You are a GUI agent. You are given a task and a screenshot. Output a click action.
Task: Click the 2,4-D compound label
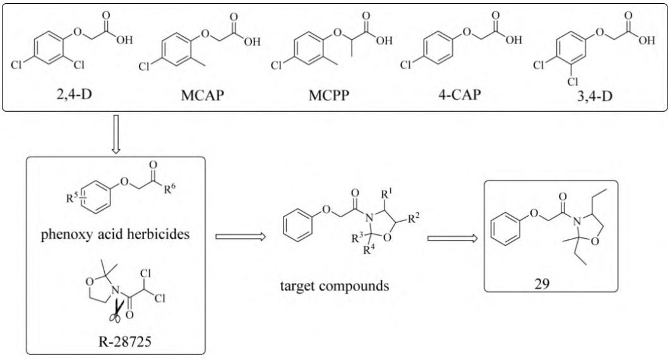point(75,93)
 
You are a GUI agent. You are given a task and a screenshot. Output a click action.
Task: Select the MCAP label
point(202,95)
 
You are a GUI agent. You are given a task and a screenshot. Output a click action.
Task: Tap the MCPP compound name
point(329,95)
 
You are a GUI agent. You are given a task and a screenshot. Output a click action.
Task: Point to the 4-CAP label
point(459,93)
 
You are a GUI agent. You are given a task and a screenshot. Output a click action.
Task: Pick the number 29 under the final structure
point(542,284)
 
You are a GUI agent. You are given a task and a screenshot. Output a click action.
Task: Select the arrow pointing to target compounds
point(241,236)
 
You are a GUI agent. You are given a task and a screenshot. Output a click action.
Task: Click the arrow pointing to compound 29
point(452,238)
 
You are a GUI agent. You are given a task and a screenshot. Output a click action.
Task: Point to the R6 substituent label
point(170,188)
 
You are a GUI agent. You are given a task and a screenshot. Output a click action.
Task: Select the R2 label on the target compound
point(414,219)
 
